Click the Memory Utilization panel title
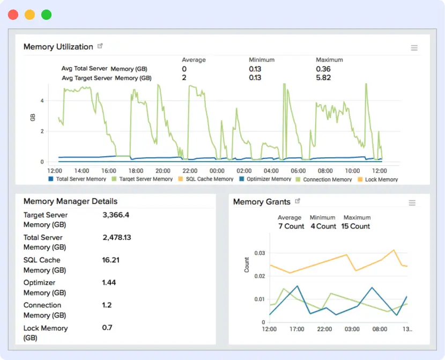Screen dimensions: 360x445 [x=58, y=47]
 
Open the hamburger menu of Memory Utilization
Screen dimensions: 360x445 [x=414, y=48]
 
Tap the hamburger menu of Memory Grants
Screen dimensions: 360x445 [x=412, y=203]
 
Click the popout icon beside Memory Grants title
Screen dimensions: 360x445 [x=298, y=201]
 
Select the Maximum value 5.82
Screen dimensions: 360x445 [x=323, y=78]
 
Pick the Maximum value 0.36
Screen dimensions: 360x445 [x=323, y=69]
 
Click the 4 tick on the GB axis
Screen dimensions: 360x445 [x=42, y=101]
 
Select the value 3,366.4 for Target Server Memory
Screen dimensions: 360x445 [x=116, y=215]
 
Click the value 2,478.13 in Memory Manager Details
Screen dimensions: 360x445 [x=117, y=238]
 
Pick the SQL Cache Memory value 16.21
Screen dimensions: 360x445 [x=111, y=260]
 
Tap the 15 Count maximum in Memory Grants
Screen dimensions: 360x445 [x=356, y=226]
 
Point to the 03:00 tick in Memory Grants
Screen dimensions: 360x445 [x=352, y=329]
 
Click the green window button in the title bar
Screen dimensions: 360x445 [x=47, y=15]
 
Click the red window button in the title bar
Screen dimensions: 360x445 [x=13, y=15]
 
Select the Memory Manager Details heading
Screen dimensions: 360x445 [x=70, y=201]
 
